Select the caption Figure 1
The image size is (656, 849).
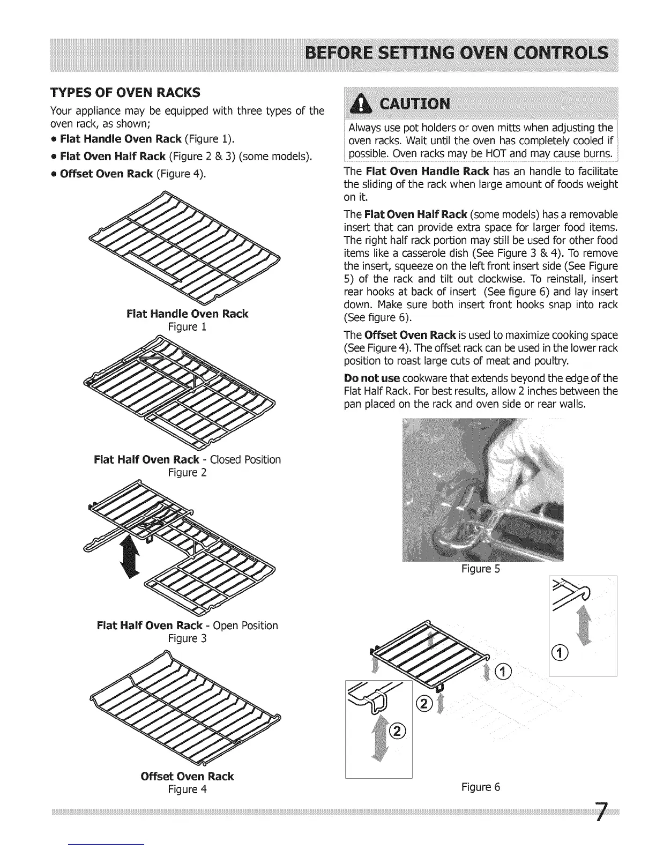(187, 327)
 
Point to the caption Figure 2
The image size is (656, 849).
(187, 473)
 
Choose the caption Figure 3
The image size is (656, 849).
(187, 638)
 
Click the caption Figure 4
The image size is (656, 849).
(187, 790)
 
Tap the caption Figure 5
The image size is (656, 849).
(480, 569)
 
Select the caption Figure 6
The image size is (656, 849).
(480, 787)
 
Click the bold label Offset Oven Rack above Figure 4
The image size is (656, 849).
(187, 776)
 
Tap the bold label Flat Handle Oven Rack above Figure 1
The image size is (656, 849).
(187, 314)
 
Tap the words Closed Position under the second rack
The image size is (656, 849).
(245, 460)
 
